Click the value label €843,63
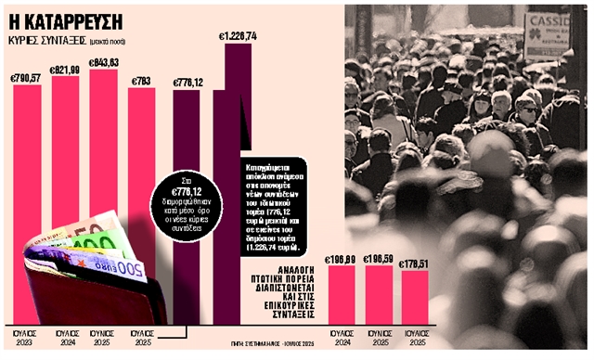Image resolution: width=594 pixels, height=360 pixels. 103,63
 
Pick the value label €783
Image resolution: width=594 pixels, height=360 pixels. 141,80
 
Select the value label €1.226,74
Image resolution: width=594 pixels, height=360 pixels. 238,36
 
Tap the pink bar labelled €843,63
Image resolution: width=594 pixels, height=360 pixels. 103,139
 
